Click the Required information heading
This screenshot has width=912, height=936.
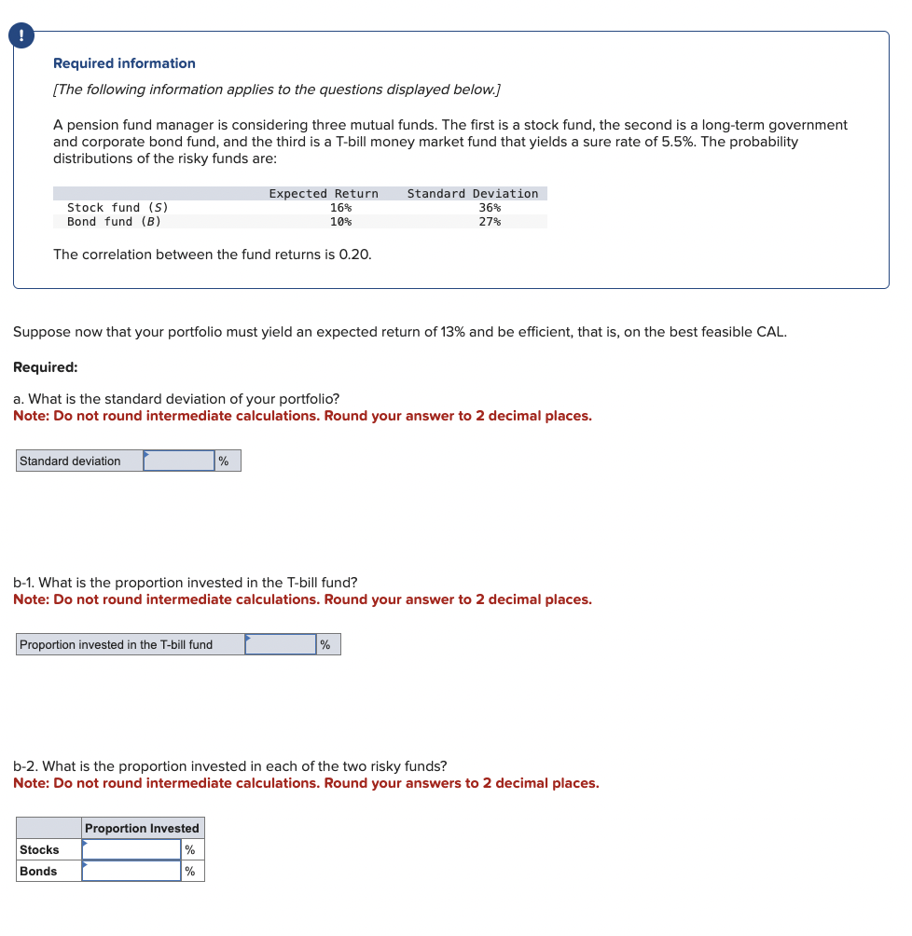coord(124,63)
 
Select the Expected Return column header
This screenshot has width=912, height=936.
coord(324,194)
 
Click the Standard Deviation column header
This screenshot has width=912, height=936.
coord(473,194)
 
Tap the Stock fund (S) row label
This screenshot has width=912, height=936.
coord(117,208)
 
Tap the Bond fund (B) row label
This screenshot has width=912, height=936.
coord(114,222)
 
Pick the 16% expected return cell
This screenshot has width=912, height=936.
coord(340,208)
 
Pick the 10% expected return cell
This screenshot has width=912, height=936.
coord(340,222)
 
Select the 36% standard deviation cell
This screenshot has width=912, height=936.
coord(490,208)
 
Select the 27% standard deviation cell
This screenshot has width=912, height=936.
coord(490,222)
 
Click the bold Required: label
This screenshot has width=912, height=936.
coord(46,367)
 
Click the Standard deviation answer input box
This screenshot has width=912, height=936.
coord(179,461)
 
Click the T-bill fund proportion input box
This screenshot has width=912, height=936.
coord(281,645)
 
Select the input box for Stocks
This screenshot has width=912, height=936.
coord(131,850)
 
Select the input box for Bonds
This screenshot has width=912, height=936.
coord(131,872)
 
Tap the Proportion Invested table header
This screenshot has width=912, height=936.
coord(142,829)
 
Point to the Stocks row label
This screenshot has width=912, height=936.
coord(39,850)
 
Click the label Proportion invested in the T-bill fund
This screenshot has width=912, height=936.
coord(116,645)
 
